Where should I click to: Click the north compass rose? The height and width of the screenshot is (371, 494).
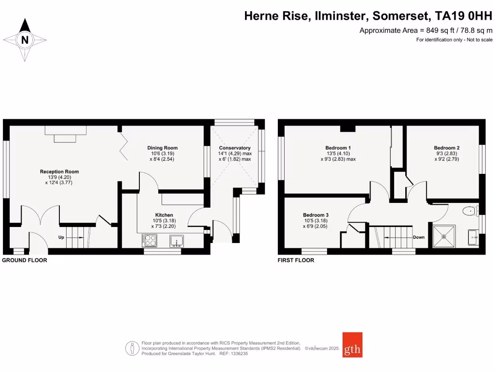(x=25, y=40)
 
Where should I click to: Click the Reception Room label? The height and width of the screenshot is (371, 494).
(x=59, y=171)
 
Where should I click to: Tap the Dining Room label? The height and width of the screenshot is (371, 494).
(x=163, y=148)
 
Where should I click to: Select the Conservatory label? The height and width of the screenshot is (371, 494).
(x=235, y=148)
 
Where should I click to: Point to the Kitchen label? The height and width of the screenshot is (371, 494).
(x=164, y=215)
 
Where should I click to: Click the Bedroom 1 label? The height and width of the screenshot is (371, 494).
(x=338, y=148)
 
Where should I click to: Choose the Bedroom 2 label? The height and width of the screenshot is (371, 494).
(x=446, y=148)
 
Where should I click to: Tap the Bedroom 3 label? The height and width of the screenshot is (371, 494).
(x=316, y=215)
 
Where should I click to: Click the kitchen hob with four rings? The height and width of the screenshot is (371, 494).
(x=150, y=240)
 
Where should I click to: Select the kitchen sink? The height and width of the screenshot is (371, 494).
(x=176, y=240)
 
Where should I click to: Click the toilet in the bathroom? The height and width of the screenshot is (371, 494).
(x=467, y=211)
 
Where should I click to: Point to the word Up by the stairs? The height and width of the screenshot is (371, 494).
(x=61, y=237)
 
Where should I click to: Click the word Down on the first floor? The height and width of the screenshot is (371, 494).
(x=418, y=237)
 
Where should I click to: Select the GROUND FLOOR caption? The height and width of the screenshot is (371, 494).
(x=25, y=260)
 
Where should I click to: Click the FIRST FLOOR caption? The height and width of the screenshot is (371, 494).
(x=296, y=260)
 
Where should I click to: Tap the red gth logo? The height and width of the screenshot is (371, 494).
(x=352, y=344)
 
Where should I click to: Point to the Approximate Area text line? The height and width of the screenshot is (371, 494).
(x=426, y=30)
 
